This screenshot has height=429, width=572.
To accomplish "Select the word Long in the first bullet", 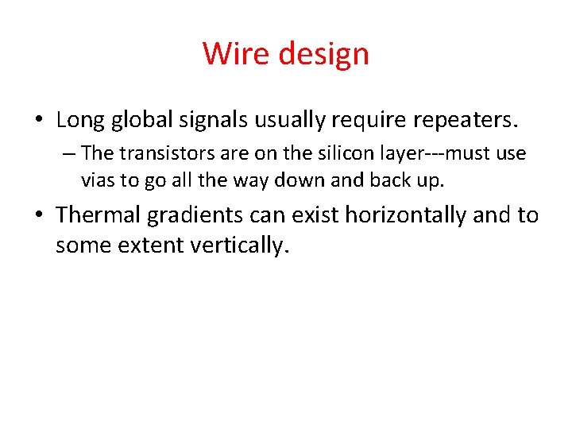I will pos(80,120).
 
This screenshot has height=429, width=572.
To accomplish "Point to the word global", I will pos(142,120).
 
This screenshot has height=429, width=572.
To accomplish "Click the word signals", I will pos(216,120).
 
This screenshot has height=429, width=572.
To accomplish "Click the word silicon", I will pos(312,153).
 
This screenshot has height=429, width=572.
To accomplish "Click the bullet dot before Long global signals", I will pos(39,121).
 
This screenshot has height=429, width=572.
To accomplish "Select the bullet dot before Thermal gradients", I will pos(39,215).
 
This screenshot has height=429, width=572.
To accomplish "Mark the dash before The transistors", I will pos(71,153).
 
